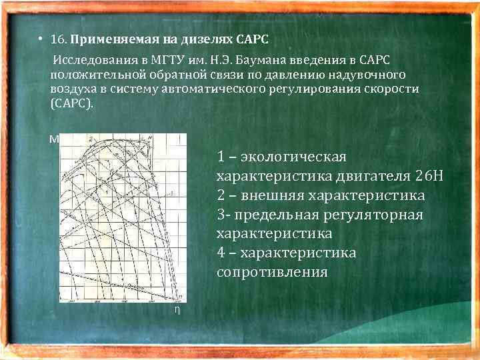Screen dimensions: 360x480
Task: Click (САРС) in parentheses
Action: tap(73, 105)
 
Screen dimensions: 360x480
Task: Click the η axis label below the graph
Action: tap(177, 310)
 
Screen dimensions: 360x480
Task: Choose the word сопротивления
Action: tap(272, 272)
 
